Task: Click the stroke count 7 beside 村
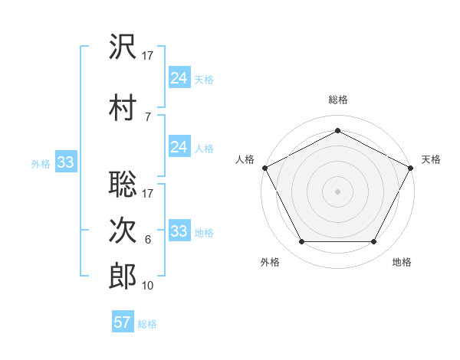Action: [147, 116]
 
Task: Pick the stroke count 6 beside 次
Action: [147, 240]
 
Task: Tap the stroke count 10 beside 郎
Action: [148, 286]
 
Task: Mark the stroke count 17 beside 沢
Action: [148, 56]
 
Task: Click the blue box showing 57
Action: [123, 322]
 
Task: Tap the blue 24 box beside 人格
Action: [179, 146]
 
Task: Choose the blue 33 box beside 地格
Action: [179, 231]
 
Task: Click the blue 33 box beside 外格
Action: [65, 162]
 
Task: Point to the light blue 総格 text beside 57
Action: [147, 324]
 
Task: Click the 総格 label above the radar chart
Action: [337, 100]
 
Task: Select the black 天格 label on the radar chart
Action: [432, 159]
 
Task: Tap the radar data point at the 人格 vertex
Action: [264, 167]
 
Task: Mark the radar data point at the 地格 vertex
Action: [373, 242]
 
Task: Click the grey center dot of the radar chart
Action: [337, 191]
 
